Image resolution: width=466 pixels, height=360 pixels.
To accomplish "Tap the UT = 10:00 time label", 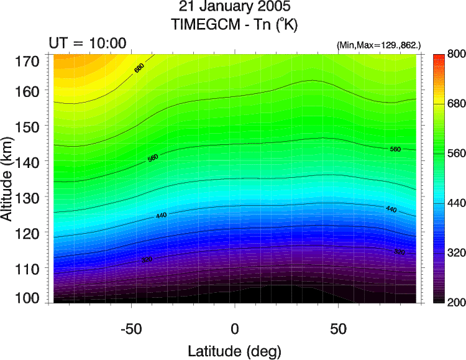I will (88, 43).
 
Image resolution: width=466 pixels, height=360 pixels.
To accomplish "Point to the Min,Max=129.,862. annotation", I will (378, 45).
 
